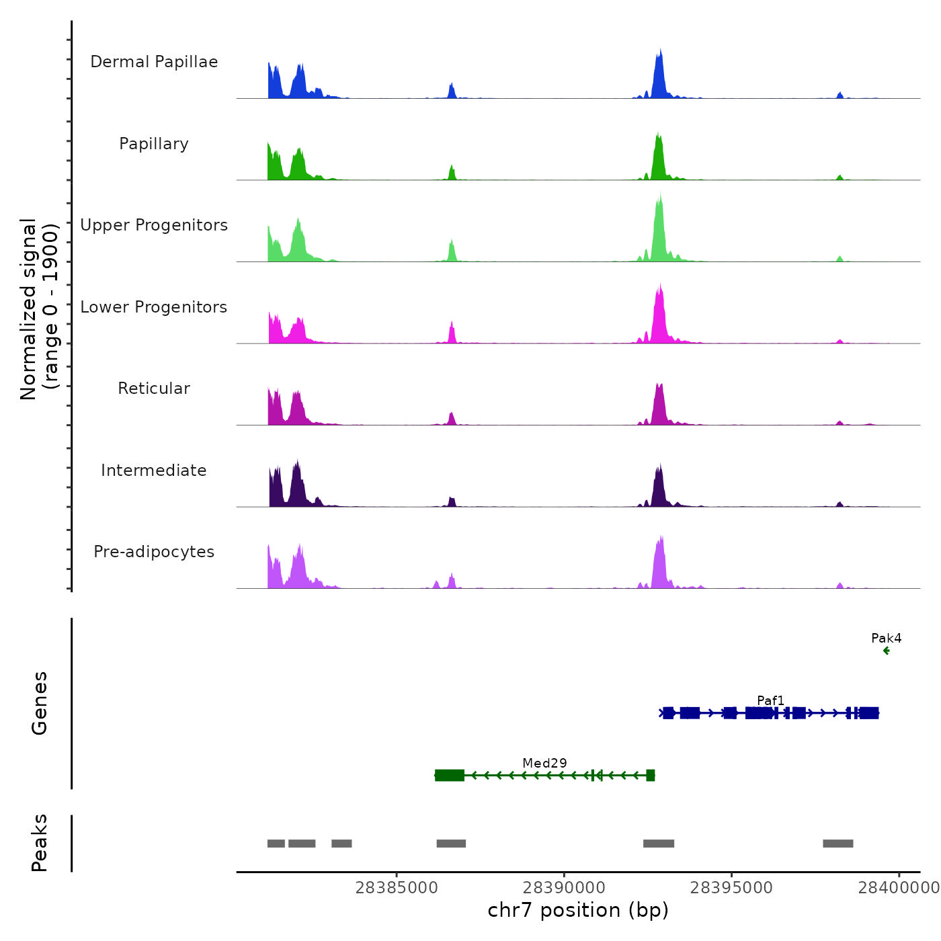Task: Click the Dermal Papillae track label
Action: pos(154,62)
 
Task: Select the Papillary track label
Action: pos(154,144)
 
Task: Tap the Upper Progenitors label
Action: pos(154,225)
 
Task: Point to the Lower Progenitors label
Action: pos(154,307)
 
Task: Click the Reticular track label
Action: pos(154,388)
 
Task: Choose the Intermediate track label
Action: pos(154,470)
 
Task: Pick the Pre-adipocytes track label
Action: pos(154,552)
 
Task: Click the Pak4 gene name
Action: pos(886,638)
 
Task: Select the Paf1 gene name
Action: pos(770,700)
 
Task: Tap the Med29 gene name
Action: pos(544,763)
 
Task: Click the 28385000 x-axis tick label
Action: pos(397,888)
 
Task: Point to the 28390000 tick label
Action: pos(564,888)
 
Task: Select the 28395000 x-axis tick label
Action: pos(731,888)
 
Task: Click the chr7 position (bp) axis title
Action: pos(578,910)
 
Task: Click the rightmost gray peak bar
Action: pos(837,844)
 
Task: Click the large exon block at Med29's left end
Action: pos(450,776)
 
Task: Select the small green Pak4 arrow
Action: pos(886,651)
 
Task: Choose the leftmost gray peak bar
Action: pos(276,844)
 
